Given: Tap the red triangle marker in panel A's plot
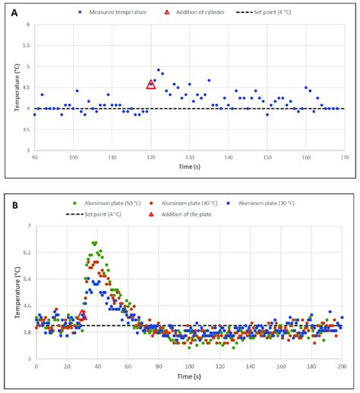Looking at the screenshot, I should (x=151, y=84).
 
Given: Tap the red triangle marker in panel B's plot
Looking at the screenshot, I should (x=82, y=315).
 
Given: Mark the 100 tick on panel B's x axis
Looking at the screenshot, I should (x=189, y=366).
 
